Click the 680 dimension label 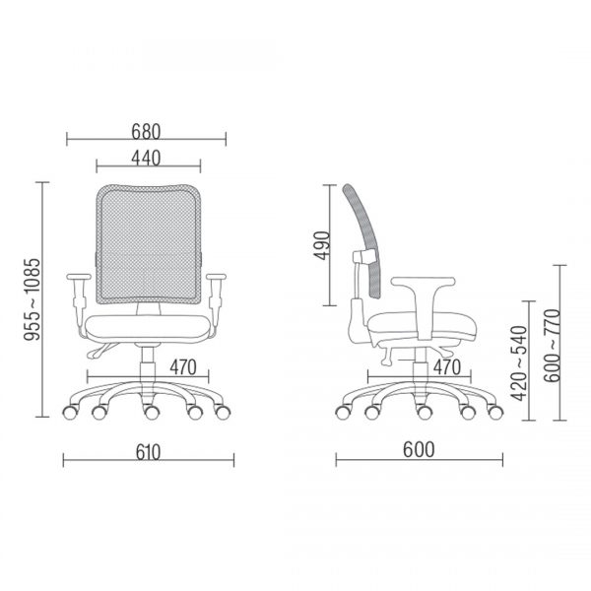tap(146, 132)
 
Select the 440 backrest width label tap(146, 159)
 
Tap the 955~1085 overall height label tap(33, 299)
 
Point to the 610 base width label tap(148, 452)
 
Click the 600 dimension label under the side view tap(419, 450)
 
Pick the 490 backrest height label tap(322, 245)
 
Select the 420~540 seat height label tap(518, 362)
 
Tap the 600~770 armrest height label tap(553, 346)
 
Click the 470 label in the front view tap(183, 367)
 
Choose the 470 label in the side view tap(447, 367)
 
